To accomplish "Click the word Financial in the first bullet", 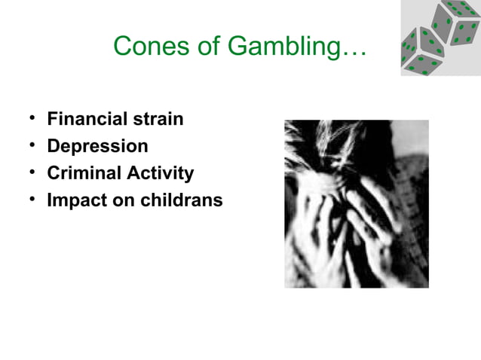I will tap(86, 119).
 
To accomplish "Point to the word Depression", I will tap(97, 146).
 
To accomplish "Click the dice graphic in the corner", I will tap(440, 38).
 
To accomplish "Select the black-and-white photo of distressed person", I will tap(356, 203).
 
